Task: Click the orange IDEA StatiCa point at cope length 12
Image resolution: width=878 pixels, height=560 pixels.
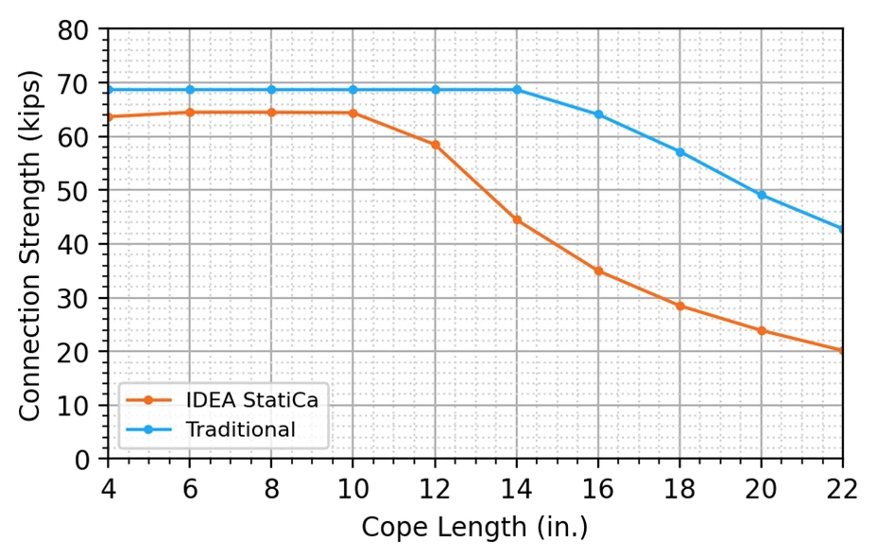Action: click(435, 145)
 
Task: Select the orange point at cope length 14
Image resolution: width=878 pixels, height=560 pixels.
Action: click(517, 219)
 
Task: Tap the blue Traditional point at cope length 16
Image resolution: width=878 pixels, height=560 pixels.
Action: click(598, 114)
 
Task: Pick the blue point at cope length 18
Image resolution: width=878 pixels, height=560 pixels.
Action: click(680, 152)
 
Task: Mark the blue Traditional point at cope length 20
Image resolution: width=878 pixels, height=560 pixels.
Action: click(762, 195)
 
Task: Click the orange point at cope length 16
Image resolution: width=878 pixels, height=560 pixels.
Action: click(598, 271)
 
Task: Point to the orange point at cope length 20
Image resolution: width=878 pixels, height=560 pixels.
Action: click(762, 331)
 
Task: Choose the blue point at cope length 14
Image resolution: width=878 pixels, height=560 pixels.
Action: click(517, 90)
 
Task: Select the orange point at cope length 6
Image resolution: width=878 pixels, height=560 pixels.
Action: click(190, 113)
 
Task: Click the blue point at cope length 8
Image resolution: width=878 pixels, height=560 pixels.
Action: click(271, 90)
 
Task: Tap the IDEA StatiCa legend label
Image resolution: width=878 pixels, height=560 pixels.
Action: click(252, 400)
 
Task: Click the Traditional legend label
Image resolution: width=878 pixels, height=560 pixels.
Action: click(241, 429)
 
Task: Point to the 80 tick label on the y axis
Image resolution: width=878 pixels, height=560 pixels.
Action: click(73, 29)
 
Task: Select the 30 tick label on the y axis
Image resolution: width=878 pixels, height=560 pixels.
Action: click(73, 298)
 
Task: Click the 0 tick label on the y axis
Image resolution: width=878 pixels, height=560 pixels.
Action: click(81, 460)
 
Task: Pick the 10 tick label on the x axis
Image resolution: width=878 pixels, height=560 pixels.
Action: click(353, 489)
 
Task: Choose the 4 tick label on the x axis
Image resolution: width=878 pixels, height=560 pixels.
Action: click(108, 489)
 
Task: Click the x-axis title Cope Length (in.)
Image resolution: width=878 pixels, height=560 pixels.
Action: click(474, 528)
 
